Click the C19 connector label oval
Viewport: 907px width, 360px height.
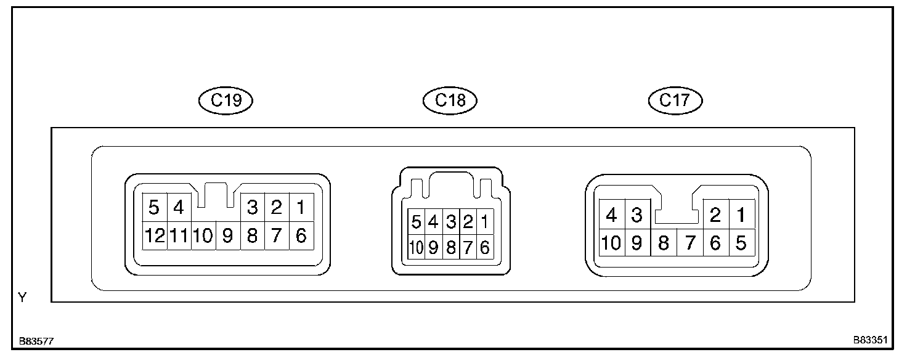click(226, 100)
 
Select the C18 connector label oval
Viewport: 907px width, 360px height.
click(450, 100)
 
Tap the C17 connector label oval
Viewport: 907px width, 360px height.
click(675, 100)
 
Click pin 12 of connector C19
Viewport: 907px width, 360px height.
click(154, 235)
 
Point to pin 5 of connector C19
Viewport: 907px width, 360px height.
click(154, 208)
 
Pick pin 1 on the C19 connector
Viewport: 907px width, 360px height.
click(301, 208)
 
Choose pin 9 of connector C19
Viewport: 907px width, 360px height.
click(227, 235)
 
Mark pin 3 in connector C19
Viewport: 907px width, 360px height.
click(252, 208)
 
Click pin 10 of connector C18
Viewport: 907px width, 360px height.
click(416, 247)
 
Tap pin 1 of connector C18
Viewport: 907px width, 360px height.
click(485, 221)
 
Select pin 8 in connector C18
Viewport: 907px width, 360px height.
click(450, 247)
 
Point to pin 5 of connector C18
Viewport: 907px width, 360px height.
click(416, 221)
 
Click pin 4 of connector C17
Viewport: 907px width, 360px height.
click(612, 215)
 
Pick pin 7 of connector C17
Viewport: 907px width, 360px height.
click(690, 243)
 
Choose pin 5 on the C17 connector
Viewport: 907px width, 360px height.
click(741, 243)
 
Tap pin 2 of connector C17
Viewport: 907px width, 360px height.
click(715, 215)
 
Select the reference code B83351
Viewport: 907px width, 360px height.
click(870, 340)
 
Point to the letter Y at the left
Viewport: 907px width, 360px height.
click(23, 298)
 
